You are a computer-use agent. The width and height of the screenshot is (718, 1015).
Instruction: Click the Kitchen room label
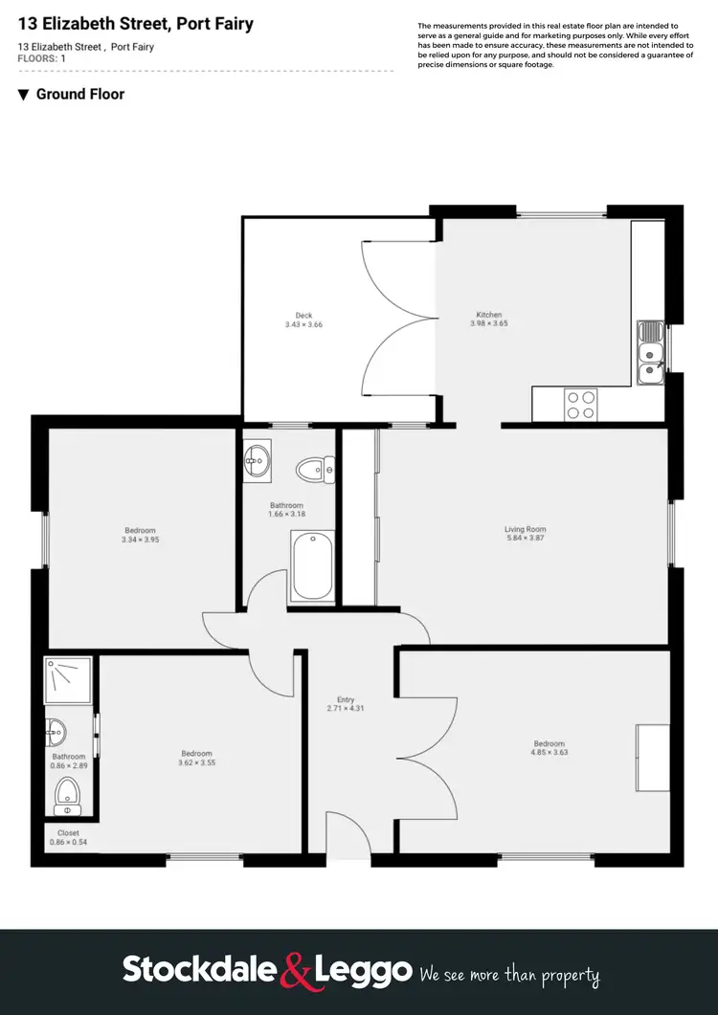coord(489,315)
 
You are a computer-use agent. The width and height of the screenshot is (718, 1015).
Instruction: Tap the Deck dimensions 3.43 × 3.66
coord(303,325)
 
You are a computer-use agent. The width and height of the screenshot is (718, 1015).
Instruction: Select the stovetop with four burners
coord(580,404)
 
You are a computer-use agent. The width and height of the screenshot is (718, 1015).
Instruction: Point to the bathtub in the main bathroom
coord(313,568)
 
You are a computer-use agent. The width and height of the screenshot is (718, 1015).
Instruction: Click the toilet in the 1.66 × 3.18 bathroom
coord(315,469)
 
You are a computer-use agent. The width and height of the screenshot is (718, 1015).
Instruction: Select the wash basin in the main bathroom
coord(257,463)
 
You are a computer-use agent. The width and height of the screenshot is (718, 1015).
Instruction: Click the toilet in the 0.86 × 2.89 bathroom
coord(67,794)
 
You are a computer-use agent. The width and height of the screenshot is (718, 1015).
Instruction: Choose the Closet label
coord(68,833)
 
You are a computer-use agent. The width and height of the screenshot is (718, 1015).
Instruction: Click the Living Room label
coord(525,529)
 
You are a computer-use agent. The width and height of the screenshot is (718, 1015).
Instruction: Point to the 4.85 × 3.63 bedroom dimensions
coord(549,753)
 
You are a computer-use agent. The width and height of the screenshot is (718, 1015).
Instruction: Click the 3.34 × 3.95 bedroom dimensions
coord(140,540)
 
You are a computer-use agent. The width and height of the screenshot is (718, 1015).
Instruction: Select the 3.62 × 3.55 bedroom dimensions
coord(195,762)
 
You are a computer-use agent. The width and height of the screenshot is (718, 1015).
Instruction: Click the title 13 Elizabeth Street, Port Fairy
coord(135,24)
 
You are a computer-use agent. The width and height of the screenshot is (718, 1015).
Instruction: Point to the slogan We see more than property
coord(509,975)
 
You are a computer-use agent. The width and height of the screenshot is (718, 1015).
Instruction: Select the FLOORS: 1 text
coord(41,58)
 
